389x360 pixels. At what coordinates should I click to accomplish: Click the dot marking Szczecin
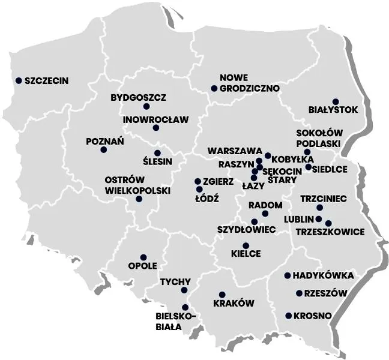[19, 80]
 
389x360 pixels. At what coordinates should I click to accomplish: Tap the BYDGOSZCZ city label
[139, 97]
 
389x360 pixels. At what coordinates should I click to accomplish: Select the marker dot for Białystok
[336, 101]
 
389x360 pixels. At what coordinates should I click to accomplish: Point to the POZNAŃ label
[105, 142]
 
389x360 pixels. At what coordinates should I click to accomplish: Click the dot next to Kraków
[222, 295]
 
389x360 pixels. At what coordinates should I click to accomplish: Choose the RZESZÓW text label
[326, 293]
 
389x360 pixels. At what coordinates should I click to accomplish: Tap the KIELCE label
[246, 254]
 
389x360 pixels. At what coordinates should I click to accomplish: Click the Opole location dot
[143, 257]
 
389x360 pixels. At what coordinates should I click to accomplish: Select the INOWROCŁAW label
[155, 119]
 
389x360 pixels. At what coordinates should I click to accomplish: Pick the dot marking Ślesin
[158, 153]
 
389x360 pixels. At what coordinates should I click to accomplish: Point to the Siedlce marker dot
[308, 167]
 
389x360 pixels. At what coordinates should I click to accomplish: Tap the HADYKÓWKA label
[323, 276]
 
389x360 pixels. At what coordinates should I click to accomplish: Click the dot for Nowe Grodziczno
[214, 89]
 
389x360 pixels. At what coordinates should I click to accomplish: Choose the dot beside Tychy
[184, 290]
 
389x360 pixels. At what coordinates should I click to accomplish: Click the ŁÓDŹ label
[208, 197]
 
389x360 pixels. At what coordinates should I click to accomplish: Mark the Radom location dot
[265, 214]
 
